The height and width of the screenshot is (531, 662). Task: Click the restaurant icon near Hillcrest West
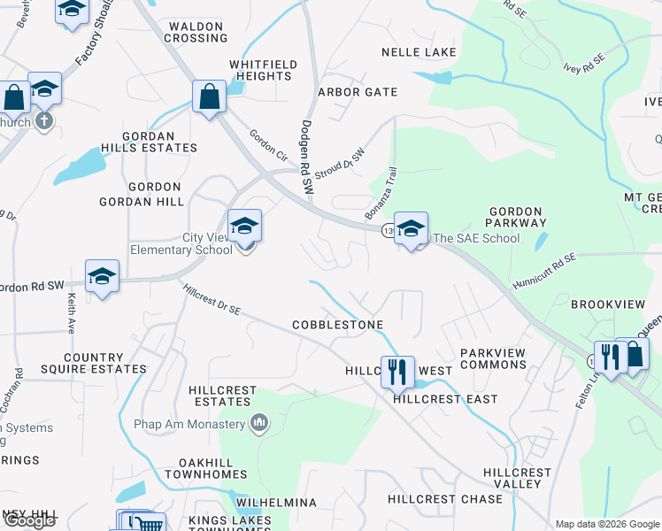pos(397,372)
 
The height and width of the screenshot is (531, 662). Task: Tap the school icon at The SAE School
pos(411,228)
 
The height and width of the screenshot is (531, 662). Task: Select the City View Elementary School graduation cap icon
pos(244,226)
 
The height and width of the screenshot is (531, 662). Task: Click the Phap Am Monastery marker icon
pos(259,423)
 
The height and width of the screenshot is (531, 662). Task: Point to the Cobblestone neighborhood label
pos(338,326)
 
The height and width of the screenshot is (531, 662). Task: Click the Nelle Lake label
pos(419,52)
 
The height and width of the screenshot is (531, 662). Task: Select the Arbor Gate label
pos(358,92)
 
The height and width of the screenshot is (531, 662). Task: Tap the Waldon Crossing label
pos(196,33)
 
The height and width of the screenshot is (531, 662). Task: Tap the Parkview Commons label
pos(493,358)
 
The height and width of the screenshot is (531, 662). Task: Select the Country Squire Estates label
pos(92,363)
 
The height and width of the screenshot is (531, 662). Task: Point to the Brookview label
pos(607,304)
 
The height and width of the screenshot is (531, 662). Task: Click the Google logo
pos(29,520)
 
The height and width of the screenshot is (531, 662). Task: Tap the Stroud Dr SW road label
pos(340,160)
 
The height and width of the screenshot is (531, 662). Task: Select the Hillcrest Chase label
pos(444,499)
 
